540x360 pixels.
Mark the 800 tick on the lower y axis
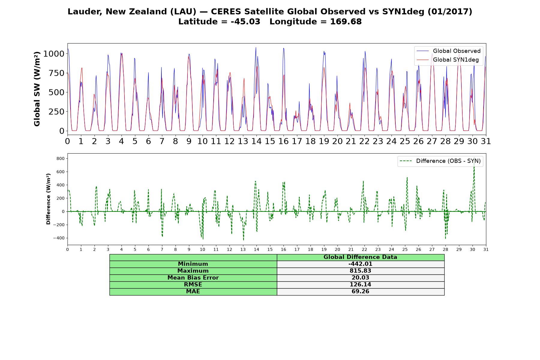point(61,158)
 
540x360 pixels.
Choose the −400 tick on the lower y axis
point(59,238)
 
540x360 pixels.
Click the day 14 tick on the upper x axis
point(256,141)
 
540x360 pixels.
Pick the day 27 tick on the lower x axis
point(432,250)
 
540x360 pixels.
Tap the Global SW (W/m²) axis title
point(37,89)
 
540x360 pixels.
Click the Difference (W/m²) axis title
point(48,199)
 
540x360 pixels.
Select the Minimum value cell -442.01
point(360,264)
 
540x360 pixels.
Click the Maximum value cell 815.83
point(360,271)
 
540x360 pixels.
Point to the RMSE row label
point(193,285)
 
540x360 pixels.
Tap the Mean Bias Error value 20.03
point(360,278)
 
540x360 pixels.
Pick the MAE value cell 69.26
point(360,292)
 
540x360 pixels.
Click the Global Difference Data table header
point(360,257)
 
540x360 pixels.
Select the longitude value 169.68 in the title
point(346,22)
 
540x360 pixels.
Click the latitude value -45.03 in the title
point(245,22)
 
